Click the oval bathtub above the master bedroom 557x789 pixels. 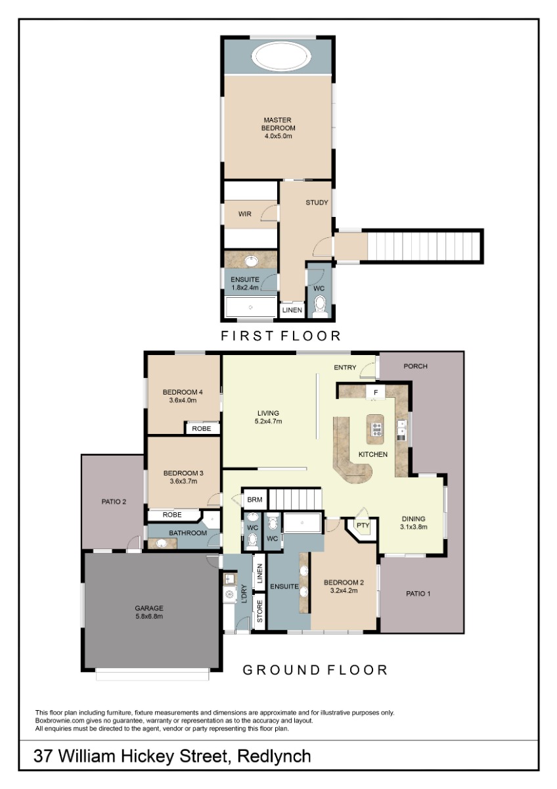281,56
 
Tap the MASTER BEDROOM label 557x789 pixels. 278,124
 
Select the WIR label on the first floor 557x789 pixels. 244,214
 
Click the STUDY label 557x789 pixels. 317,203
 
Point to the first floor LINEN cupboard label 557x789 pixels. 292,310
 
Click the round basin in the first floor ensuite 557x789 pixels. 252,262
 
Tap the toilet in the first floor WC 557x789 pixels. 320,305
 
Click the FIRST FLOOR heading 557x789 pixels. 280,336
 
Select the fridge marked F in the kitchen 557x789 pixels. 376,392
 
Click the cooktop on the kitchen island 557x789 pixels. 375,429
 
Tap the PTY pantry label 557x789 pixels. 363,525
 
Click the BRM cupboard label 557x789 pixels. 254,500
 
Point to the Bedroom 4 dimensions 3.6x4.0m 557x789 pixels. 183,400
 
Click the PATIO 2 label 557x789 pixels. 114,502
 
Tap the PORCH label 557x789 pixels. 415,366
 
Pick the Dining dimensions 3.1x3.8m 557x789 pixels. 413,527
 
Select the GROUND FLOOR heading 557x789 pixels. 315,670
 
